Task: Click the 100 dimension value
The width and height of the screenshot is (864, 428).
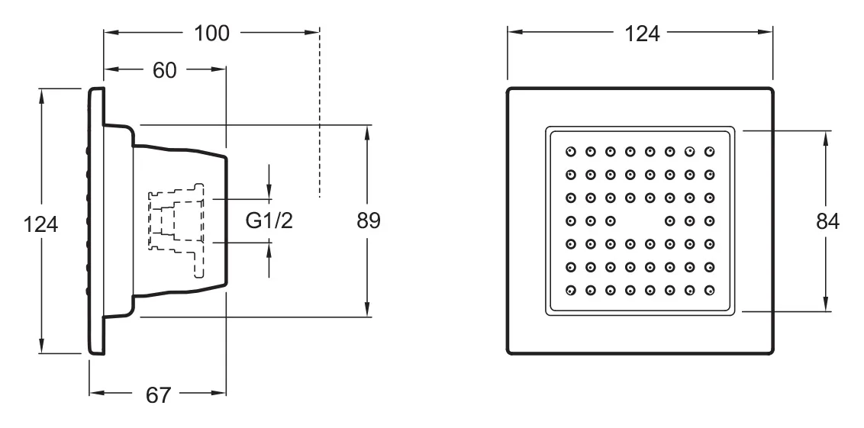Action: click(211, 34)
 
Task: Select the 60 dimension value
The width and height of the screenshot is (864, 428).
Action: click(164, 70)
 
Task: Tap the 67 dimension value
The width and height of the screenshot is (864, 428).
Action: click(158, 395)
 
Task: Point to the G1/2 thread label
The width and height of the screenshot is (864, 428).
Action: click(269, 221)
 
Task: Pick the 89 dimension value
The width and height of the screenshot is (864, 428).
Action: click(368, 221)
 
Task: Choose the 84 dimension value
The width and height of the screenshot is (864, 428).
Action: click(827, 221)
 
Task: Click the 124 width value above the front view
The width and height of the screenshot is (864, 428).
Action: click(642, 34)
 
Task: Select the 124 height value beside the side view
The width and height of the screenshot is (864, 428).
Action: click(40, 224)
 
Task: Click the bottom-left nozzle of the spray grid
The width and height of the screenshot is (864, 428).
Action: click(570, 290)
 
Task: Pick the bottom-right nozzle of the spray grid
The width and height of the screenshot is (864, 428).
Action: click(710, 290)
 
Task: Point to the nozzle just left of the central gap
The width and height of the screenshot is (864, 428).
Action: click(610, 221)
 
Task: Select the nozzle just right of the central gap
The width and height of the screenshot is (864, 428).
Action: click(669, 221)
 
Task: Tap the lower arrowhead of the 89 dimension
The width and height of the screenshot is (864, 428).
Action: click(367, 309)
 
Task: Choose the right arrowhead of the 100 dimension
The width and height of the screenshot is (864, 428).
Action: click(312, 33)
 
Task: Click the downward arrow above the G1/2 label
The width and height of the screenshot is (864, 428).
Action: click(269, 182)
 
